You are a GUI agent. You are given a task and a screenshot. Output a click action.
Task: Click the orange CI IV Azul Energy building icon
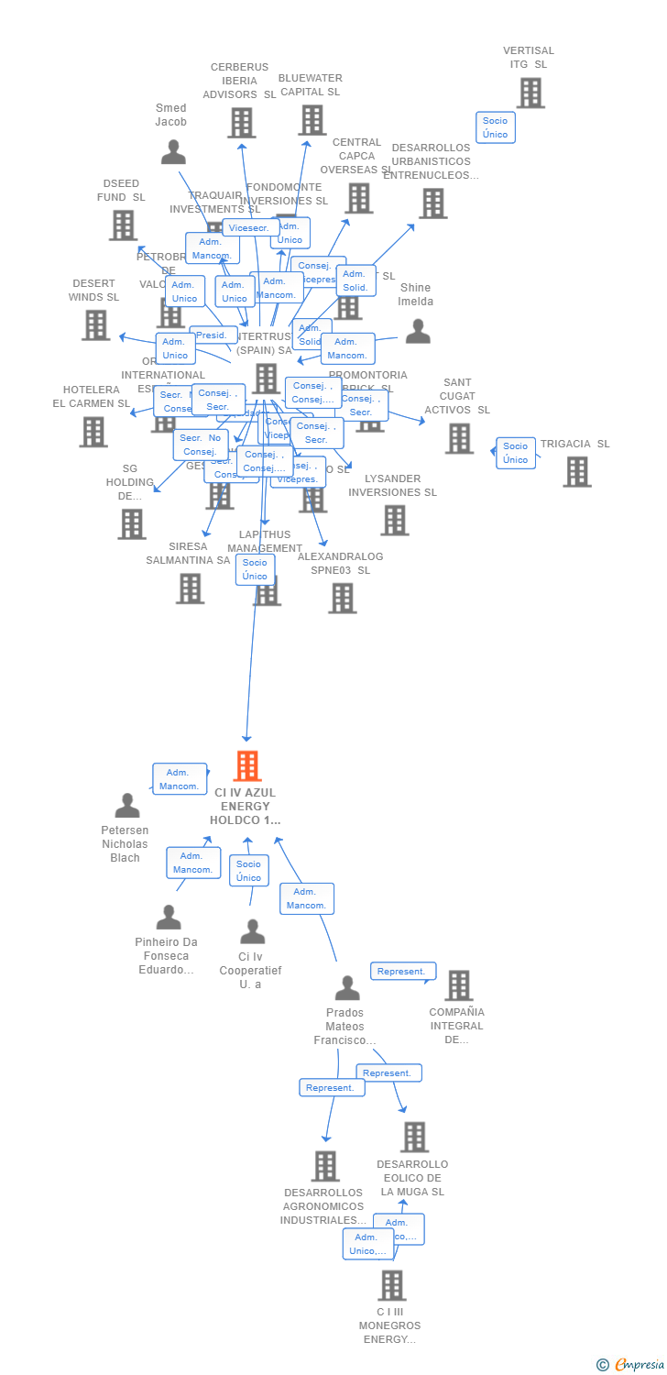tap(247, 765)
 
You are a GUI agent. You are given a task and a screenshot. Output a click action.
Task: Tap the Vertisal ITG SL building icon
tap(530, 93)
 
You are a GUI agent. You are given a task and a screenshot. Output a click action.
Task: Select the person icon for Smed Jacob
tap(173, 151)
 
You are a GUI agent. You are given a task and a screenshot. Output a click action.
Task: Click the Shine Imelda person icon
tap(418, 331)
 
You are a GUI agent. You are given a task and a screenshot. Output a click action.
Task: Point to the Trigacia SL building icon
tap(576, 471)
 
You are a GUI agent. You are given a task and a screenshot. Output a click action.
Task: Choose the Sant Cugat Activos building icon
tap(459, 438)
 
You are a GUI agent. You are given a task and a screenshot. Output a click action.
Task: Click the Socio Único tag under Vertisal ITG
tap(496, 127)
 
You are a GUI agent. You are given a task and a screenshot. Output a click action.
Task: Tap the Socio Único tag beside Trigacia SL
tap(516, 453)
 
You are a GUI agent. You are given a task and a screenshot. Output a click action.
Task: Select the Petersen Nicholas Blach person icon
tap(127, 805)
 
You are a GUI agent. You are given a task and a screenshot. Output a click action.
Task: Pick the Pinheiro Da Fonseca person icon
tap(169, 917)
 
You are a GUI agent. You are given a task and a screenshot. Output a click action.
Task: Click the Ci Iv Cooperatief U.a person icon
tap(253, 931)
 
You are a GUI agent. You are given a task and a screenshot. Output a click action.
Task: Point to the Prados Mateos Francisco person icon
tap(347, 988)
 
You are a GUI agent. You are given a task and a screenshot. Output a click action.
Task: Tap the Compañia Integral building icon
tap(458, 985)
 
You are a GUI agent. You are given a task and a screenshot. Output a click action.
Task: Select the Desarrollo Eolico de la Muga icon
tap(414, 1137)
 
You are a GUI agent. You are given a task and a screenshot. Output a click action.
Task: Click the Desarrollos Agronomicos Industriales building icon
tap(325, 1166)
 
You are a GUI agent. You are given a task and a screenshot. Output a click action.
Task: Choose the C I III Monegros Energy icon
tap(392, 1285)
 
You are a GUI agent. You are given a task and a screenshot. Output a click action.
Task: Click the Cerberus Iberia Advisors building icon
tap(241, 122)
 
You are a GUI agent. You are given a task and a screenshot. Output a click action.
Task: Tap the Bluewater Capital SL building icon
tap(312, 119)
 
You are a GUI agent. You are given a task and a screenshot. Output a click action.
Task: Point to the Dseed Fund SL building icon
tap(123, 225)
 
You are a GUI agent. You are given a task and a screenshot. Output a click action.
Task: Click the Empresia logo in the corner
tap(632, 1364)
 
